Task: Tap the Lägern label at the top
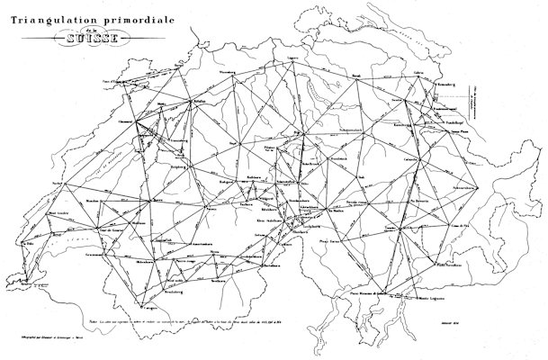coord(292,58)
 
